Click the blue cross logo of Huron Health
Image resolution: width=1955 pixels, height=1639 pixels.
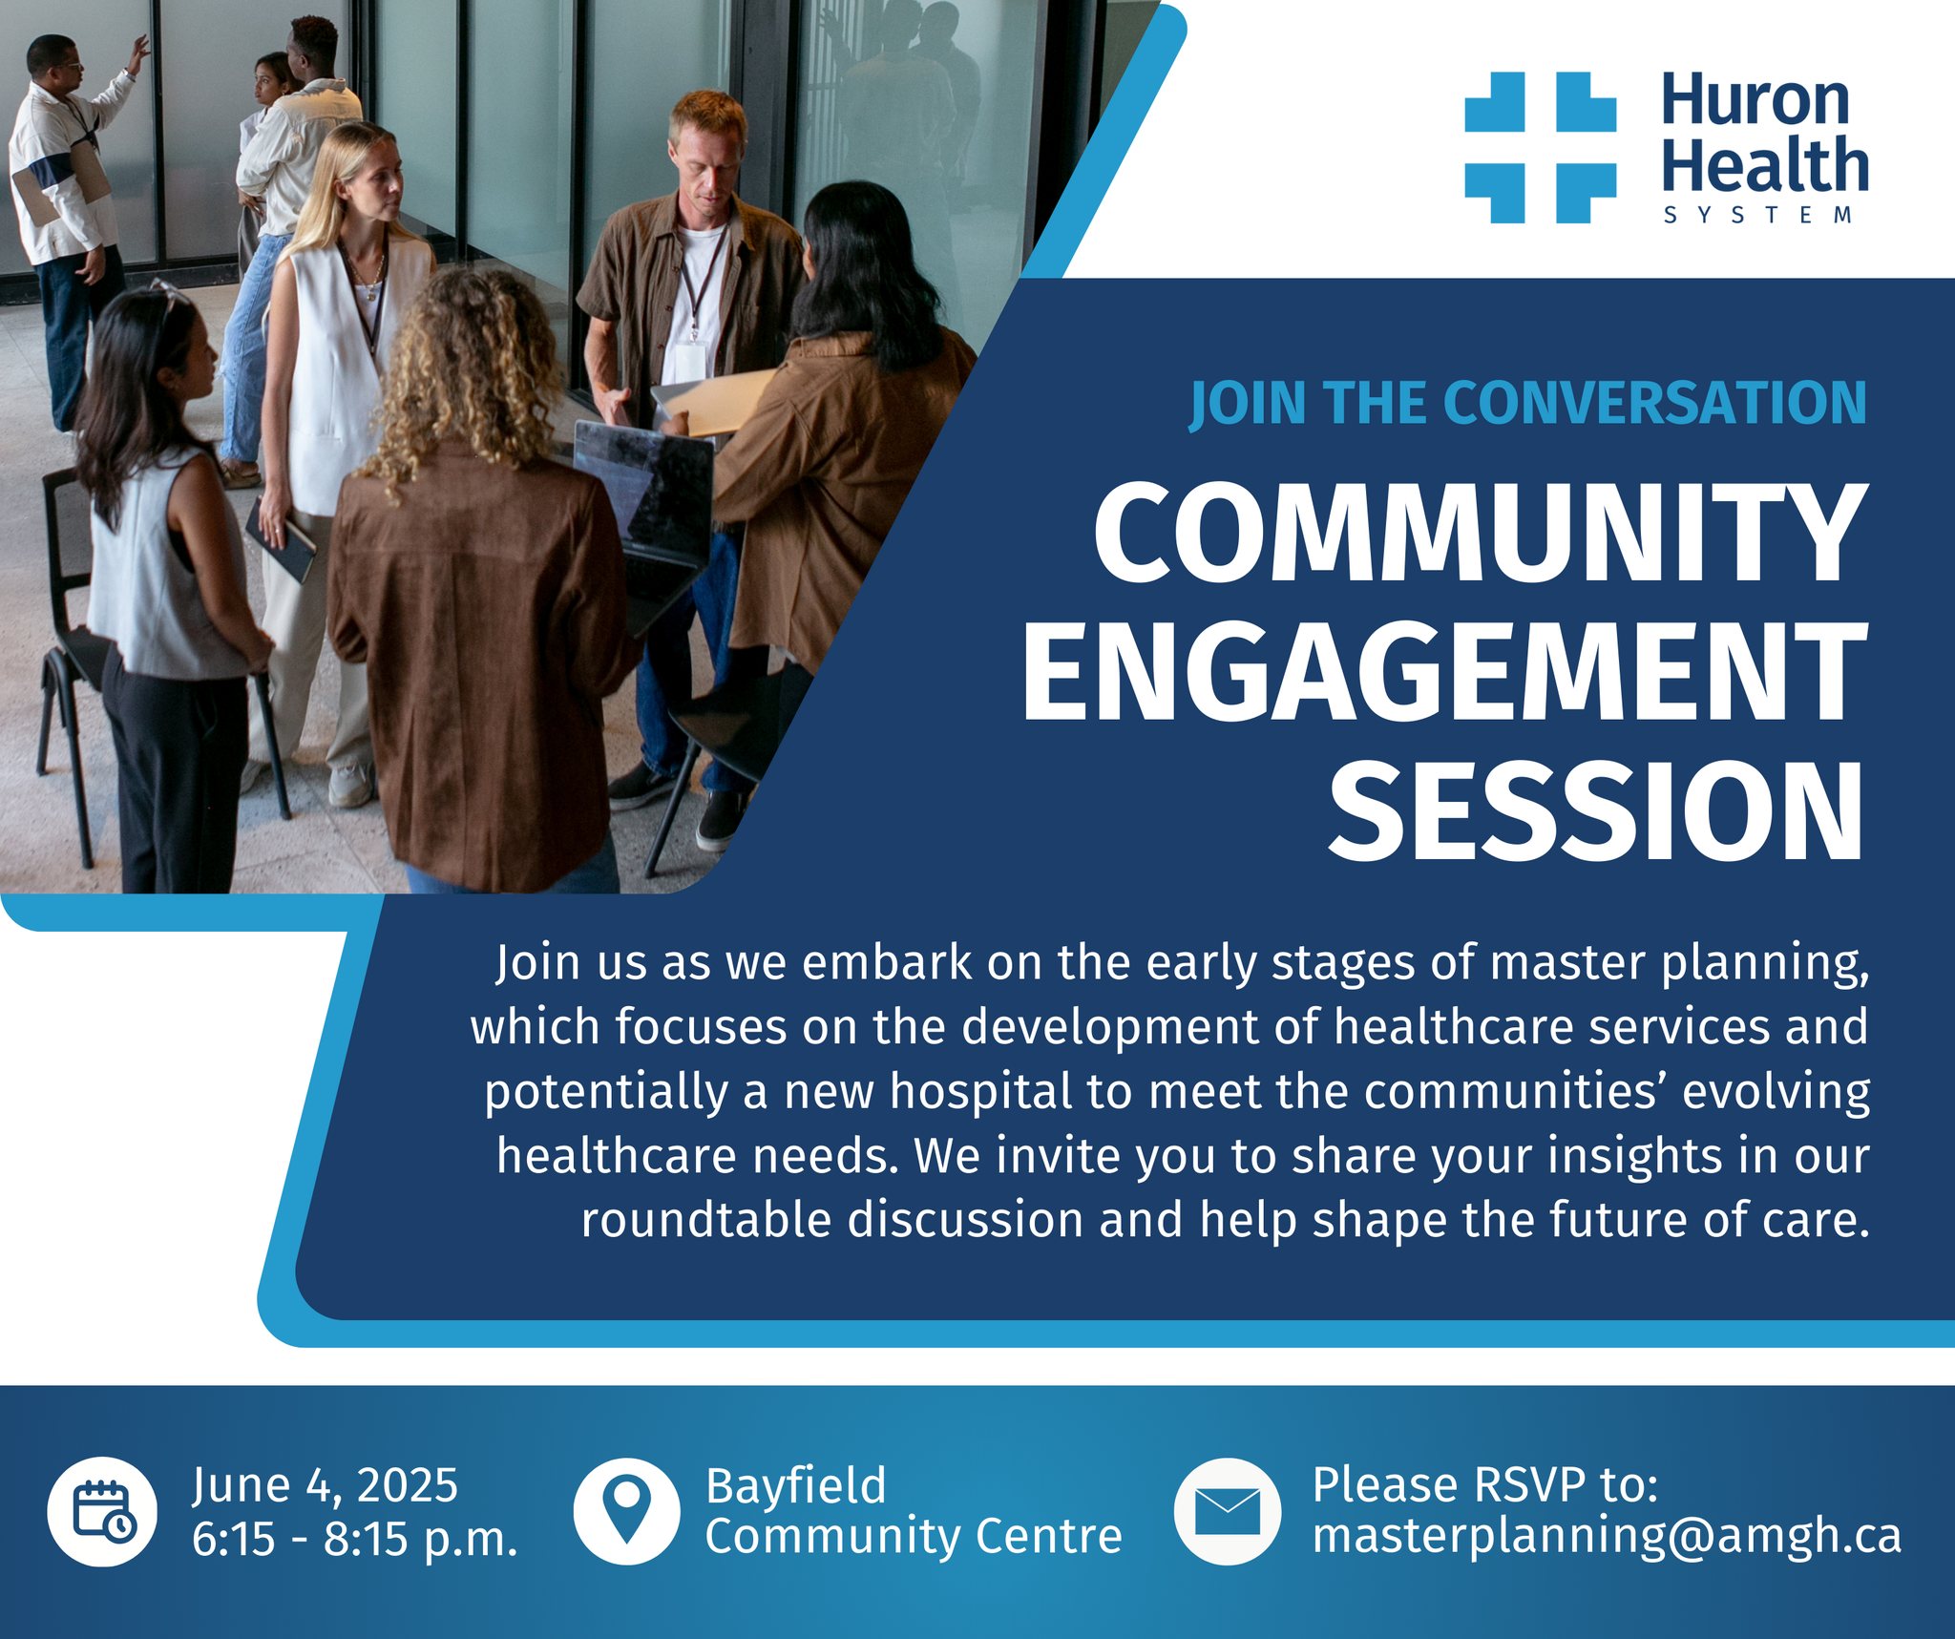click(1540, 147)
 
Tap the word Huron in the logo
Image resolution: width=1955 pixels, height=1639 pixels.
click(1755, 99)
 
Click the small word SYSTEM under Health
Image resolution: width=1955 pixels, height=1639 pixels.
click(1757, 215)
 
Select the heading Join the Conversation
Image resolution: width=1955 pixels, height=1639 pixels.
click(1527, 403)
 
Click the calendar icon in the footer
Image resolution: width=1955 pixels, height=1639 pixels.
click(102, 1512)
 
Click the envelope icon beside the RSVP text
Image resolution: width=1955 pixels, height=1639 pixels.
click(1228, 1511)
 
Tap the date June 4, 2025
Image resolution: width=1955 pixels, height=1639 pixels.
click(326, 1486)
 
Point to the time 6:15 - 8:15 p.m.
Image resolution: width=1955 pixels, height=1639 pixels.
click(355, 1539)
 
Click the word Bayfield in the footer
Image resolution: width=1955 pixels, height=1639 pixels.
click(796, 1486)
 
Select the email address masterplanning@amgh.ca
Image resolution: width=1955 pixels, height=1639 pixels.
click(1607, 1536)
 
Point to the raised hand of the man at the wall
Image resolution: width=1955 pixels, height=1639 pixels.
click(139, 52)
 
